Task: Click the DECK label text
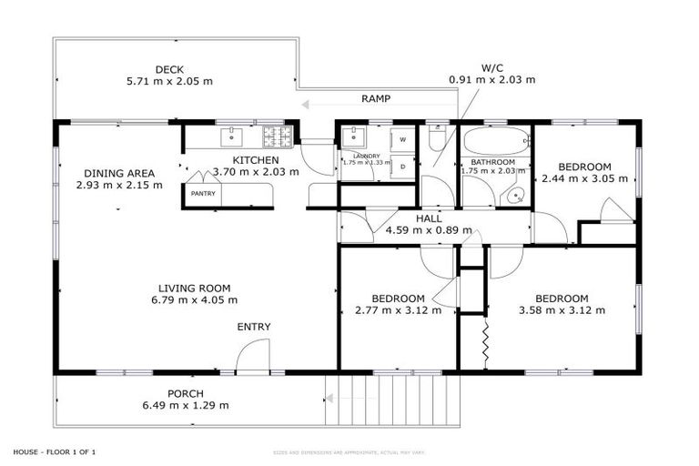coord(169,68)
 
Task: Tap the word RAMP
coord(377,97)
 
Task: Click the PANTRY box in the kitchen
coord(201,194)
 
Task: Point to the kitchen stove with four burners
coord(277,137)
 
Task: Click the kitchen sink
coord(231,137)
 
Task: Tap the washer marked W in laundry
coord(401,140)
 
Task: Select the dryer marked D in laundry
coord(401,167)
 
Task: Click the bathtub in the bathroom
coord(494,143)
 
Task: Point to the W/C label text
coord(491,67)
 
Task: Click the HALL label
coord(429,218)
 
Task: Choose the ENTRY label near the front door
coord(254,327)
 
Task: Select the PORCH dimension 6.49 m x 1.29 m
coord(186,405)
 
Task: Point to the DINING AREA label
coord(119,173)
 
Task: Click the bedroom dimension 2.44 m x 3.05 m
coord(584,178)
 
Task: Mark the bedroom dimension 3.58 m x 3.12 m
coord(562,309)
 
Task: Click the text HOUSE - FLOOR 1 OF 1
coord(55,451)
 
